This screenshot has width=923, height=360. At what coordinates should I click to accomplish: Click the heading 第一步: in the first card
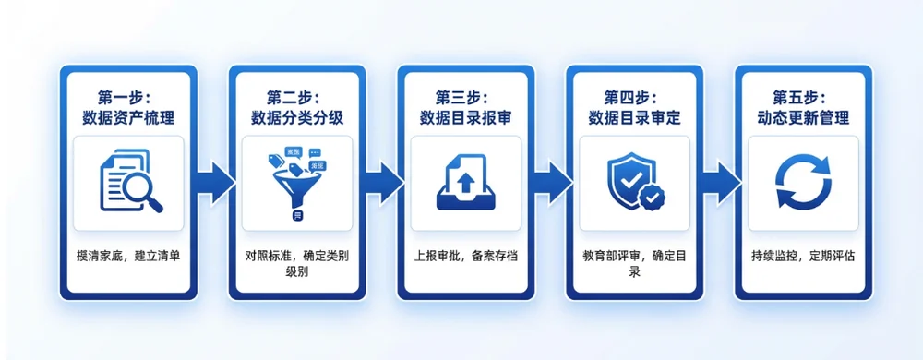pyautogui.click(x=128, y=97)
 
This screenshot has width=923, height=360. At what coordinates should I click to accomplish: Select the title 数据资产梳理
pyautogui.click(x=128, y=118)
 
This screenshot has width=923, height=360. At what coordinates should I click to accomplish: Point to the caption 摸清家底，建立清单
pyautogui.click(x=128, y=257)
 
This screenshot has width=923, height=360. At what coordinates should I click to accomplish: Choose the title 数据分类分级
pyautogui.click(x=297, y=118)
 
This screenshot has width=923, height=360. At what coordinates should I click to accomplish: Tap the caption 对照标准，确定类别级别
pyautogui.click(x=297, y=264)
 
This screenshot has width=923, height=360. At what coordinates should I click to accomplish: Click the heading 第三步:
pyautogui.click(x=465, y=97)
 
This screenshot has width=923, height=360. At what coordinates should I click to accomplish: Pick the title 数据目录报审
pyautogui.click(x=465, y=118)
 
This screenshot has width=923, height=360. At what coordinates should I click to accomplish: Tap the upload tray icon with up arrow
pyautogui.click(x=466, y=183)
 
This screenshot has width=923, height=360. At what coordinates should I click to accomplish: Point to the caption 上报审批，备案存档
pyautogui.click(x=465, y=257)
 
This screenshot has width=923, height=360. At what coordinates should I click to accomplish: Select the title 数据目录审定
pyautogui.click(x=635, y=118)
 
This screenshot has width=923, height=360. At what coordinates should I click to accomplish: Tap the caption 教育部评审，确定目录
pyautogui.click(x=635, y=264)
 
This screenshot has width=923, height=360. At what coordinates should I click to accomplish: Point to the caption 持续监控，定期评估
pyautogui.click(x=803, y=257)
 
